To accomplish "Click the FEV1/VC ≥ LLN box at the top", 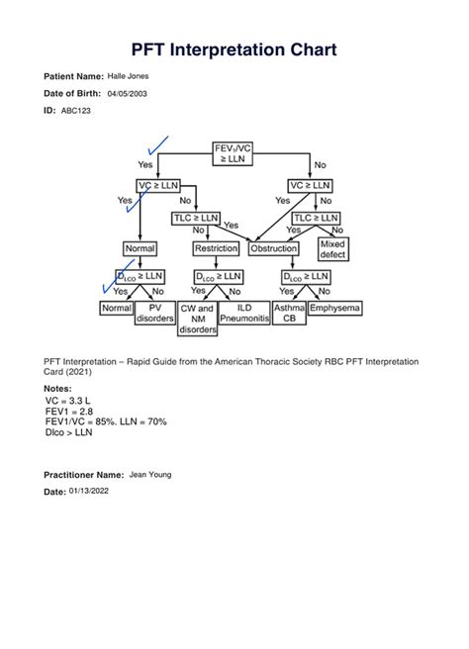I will (x=233, y=153).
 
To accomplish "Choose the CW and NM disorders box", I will (x=197, y=319).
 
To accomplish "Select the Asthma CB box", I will (x=289, y=314).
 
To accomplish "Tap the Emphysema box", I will (x=334, y=309).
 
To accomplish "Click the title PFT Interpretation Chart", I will (x=234, y=48).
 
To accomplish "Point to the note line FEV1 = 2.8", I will (x=69, y=411).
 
